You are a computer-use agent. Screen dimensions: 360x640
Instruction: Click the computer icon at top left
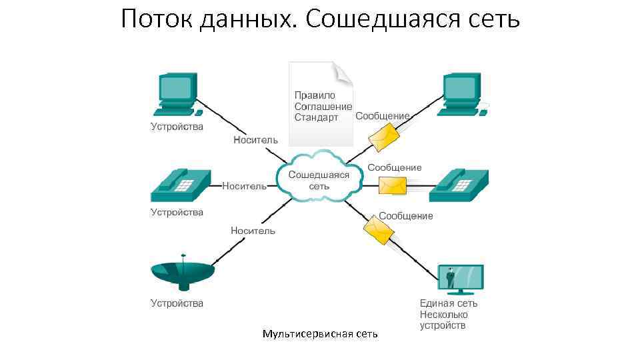[x=177, y=93]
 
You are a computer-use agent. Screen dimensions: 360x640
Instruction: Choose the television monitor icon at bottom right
[x=460, y=279]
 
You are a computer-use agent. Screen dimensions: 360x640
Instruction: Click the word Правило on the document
[x=315, y=95]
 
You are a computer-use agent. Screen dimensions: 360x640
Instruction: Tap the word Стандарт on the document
[x=316, y=117]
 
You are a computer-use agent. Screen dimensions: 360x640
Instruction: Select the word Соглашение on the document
[x=323, y=107]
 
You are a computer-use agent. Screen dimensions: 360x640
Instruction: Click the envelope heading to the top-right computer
[x=385, y=137]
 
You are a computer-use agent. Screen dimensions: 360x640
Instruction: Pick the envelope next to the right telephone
[x=393, y=185]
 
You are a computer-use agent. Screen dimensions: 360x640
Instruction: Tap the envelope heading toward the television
[x=378, y=231]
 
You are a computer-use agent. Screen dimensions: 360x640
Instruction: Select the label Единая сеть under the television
[x=448, y=303]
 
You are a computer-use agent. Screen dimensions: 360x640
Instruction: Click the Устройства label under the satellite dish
[x=177, y=303]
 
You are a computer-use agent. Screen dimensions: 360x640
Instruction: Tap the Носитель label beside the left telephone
[x=244, y=186]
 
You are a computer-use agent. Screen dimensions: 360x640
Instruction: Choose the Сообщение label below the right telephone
[x=406, y=216]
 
